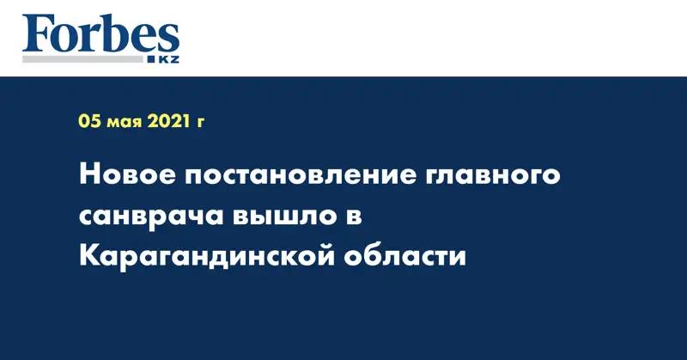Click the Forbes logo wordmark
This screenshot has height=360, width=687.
point(100,34)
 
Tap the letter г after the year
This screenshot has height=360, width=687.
point(201,124)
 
